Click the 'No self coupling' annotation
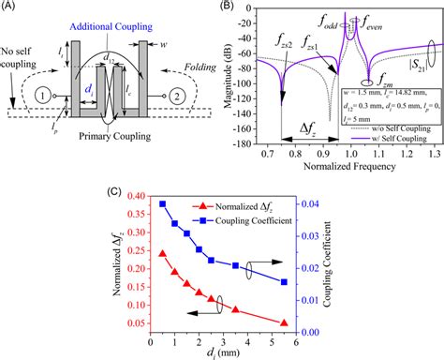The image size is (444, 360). [22, 59]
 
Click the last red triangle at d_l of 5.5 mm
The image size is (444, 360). [284, 322]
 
